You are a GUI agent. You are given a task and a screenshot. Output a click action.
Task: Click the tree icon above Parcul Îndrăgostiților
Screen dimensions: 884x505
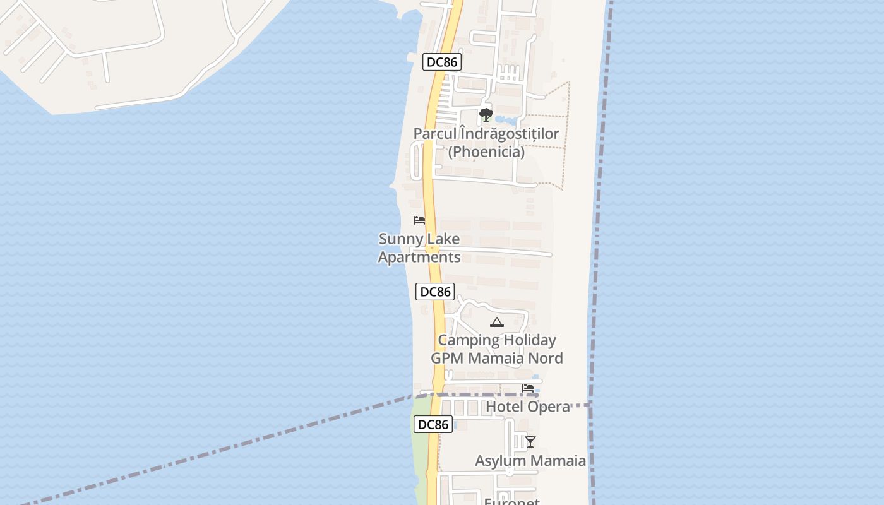coord(486,115)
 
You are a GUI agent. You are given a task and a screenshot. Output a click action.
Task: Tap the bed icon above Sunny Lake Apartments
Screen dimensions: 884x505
coord(419,220)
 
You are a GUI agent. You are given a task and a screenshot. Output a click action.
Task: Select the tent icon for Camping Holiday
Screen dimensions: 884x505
coord(497,323)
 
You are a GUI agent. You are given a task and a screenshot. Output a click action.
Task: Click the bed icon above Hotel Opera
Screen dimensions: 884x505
coord(528,388)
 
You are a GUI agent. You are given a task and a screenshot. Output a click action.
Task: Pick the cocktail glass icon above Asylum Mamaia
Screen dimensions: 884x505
coord(530,441)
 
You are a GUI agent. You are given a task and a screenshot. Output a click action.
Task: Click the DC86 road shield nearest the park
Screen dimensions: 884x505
coord(442,62)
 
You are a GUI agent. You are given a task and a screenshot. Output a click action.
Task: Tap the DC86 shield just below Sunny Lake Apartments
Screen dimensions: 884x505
coord(435,292)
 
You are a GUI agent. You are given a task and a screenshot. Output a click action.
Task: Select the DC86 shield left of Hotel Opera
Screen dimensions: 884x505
coord(433,424)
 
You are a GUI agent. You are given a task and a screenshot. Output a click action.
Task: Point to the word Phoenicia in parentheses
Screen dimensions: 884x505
coord(486,152)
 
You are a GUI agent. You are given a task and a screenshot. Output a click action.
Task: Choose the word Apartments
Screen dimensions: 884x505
coord(419,258)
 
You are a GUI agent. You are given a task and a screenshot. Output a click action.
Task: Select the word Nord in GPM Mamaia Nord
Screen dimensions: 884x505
coord(546,359)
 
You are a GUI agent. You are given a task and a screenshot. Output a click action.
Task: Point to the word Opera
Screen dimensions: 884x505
coord(547,407)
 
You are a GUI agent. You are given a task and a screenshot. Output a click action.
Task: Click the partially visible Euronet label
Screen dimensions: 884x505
coord(511,501)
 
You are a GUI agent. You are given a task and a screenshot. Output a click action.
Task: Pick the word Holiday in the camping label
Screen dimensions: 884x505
coord(530,340)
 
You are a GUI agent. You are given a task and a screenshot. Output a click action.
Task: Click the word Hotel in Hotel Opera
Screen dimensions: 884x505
coord(504,407)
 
